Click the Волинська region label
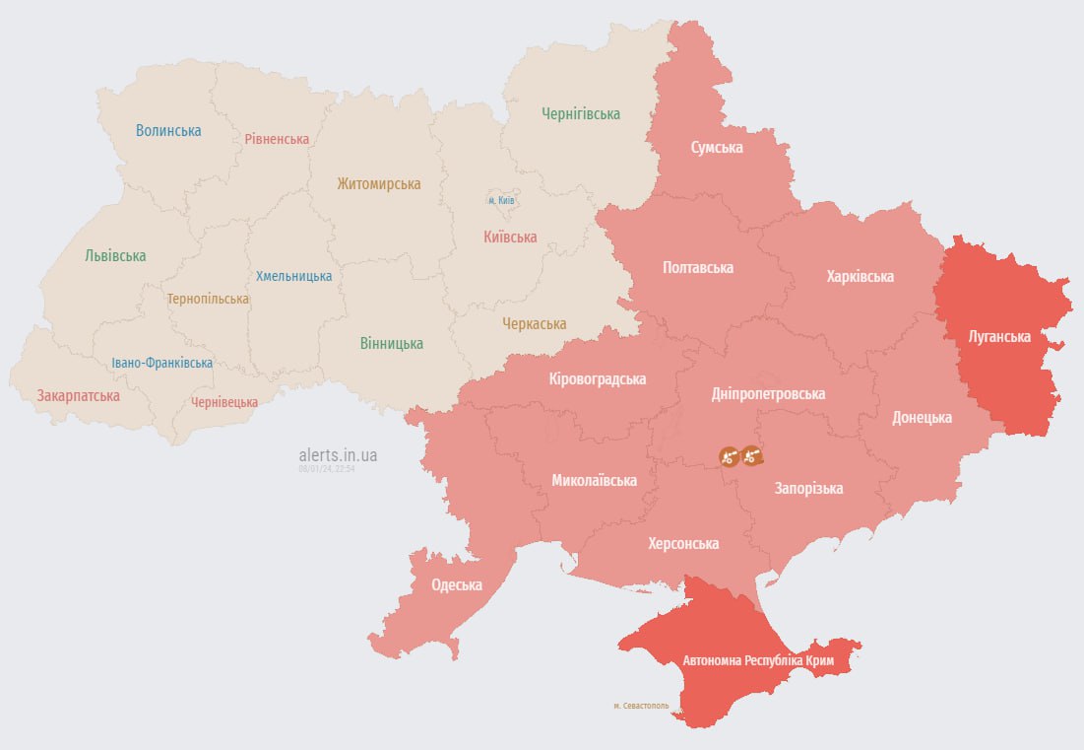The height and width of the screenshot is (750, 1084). pyautogui.click(x=168, y=130)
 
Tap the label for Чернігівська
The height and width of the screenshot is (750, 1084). pyautogui.click(x=581, y=113)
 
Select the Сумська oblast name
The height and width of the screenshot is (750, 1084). pyautogui.click(x=716, y=148)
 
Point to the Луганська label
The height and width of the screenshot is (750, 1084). pyautogui.click(x=999, y=336)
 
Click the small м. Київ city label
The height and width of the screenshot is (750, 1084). pyautogui.click(x=502, y=200)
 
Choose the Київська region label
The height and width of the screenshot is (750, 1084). pyautogui.click(x=510, y=237)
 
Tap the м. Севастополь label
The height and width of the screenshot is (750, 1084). pyautogui.click(x=640, y=706)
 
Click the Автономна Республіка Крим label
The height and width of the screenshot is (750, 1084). pyautogui.click(x=758, y=661)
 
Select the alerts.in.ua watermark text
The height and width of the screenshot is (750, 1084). pyautogui.click(x=338, y=455)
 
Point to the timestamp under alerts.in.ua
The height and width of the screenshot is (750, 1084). pyautogui.click(x=327, y=469)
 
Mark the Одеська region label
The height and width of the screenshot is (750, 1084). pyautogui.click(x=457, y=584)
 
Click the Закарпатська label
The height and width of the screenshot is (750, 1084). pyautogui.click(x=79, y=395)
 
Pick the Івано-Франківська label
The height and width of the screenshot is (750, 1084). pyautogui.click(x=161, y=363)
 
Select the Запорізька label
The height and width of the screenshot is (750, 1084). pyautogui.click(x=808, y=488)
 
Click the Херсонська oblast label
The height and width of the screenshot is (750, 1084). pyautogui.click(x=683, y=543)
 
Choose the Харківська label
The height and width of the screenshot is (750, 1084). pyautogui.click(x=860, y=276)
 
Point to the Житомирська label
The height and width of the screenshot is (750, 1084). pyautogui.click(x=378, y=183)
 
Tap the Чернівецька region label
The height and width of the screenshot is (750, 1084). pyautogui.click(x=224, y=402)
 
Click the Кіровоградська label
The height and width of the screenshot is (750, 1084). pyautogui.click(x=598, y=378)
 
